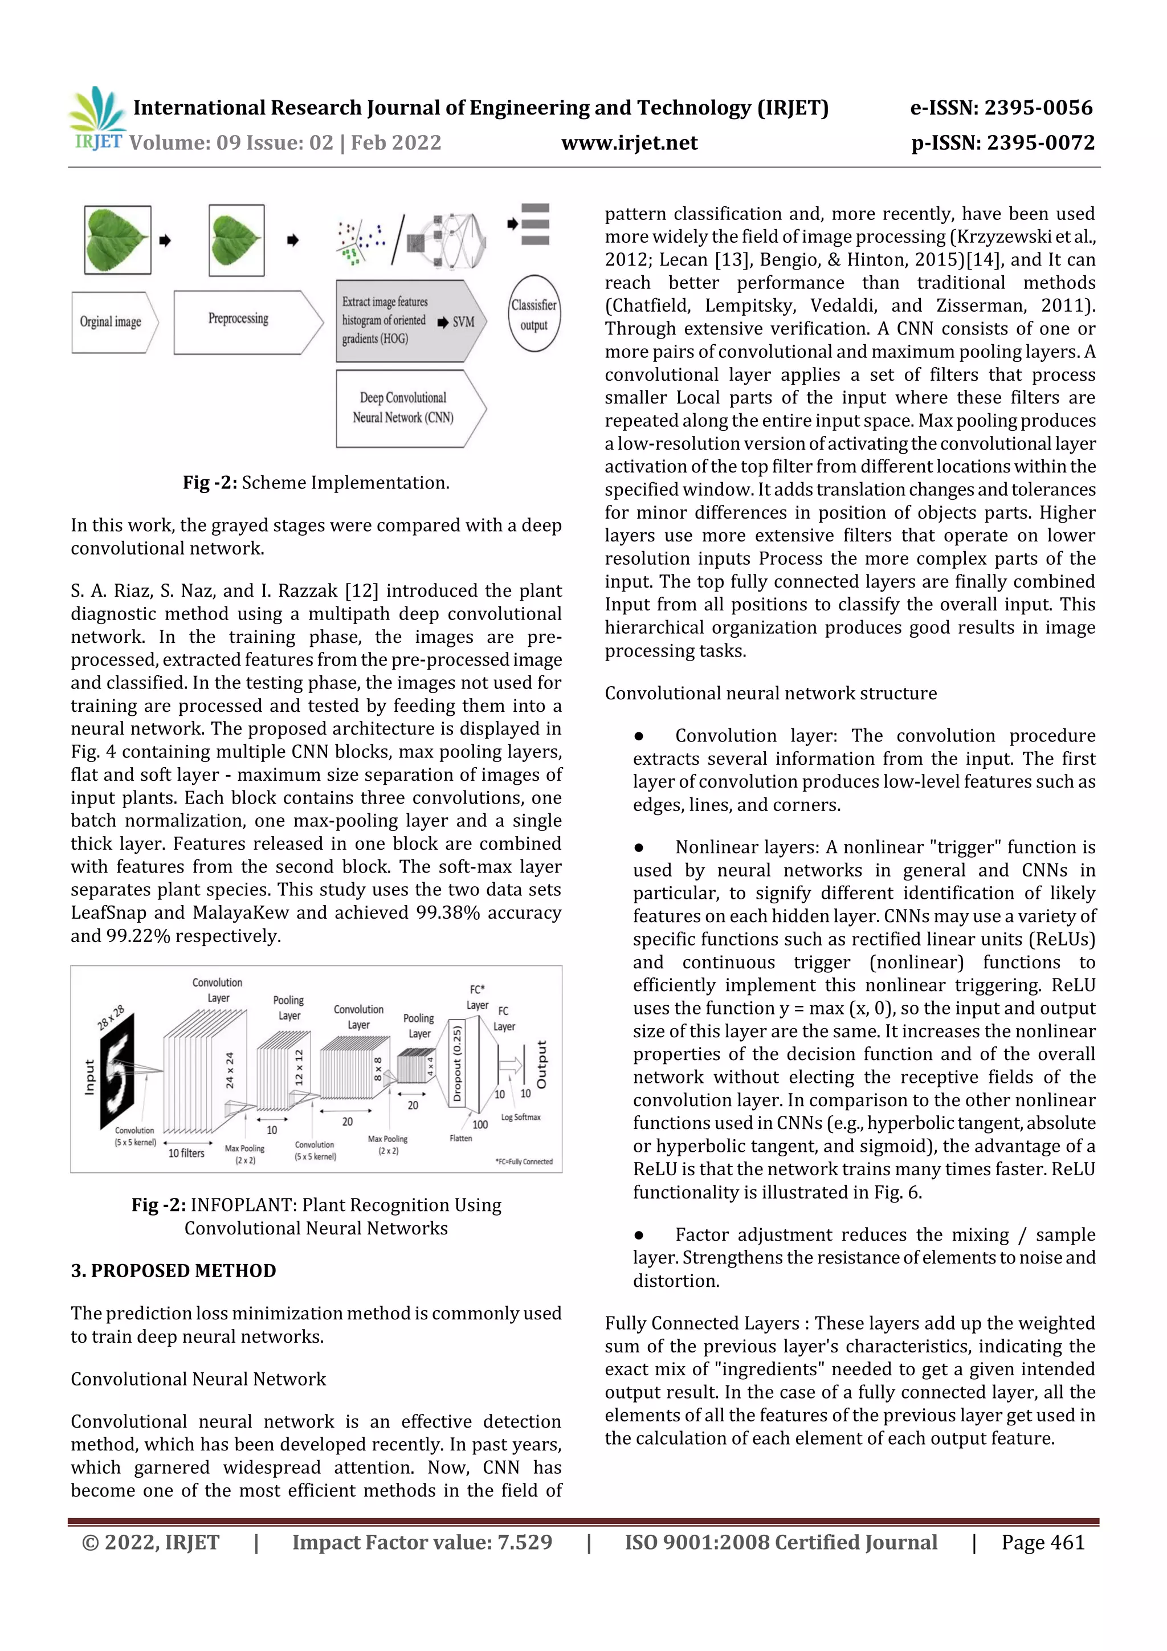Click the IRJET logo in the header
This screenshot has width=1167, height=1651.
[97, 119]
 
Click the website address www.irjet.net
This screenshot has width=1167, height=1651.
[629, 142]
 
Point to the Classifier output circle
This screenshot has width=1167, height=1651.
[533, 314]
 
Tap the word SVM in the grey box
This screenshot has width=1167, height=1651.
[463, 322]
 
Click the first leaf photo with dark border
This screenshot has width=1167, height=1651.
[117, 239]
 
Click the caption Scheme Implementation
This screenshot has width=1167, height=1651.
[345, 483]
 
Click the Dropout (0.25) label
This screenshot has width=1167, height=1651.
[456, 1063]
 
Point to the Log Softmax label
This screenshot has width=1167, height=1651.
[521, 1117]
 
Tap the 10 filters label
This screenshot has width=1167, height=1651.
[186, 1153]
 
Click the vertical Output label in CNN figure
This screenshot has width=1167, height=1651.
[541, 1063]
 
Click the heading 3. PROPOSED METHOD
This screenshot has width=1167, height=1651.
[173, 1271]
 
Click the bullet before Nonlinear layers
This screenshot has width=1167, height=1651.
[639, 848]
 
